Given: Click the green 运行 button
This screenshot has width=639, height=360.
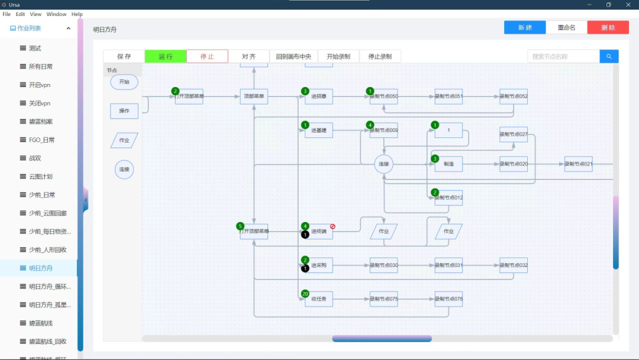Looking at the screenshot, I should pyautogui.click(x=166, y=56).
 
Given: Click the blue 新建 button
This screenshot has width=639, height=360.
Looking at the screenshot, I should pyautogui.click(x=525, y=27).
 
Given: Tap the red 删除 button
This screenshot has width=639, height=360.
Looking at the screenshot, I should pyautogui.click(x=608, y=27).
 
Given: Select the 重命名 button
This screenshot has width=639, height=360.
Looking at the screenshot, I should pyautogui.click(x=566, y=27).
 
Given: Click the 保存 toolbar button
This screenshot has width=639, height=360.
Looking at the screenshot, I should pyautogui.click(x=124, y=56).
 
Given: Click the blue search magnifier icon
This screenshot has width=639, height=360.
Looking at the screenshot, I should pyautogui.click(x=609, y=56).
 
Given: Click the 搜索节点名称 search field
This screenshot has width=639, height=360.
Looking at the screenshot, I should pyautogui.click(x=563, y=56).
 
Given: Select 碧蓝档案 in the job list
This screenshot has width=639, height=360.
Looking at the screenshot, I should pyautogui.click(x=41, y=121).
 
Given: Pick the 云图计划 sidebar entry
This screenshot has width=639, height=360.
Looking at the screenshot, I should pyautogui.click(x=41, y=176).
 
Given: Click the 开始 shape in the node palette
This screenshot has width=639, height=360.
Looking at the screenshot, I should pyautogui.click(x=124, y=82).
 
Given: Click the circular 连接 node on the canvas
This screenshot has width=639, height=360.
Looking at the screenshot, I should pyautogui.click(x=384, y=164).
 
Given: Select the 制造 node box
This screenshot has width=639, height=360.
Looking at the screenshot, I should pyautogui.click(x=448, y=164).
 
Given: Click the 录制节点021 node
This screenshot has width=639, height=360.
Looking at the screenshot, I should pyautogui.click(x=578, y=164).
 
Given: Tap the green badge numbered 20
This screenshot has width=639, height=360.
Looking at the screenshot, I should pyautogui.click(x=305, y=294).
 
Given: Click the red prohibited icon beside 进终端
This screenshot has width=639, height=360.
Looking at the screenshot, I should pyautogui.click(x=333, y=226).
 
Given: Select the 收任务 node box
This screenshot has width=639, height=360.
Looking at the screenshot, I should pyautogui.click(x=319, y=300).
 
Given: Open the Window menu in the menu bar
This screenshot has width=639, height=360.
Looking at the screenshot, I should pyautogui.click(x=57, y=14).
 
